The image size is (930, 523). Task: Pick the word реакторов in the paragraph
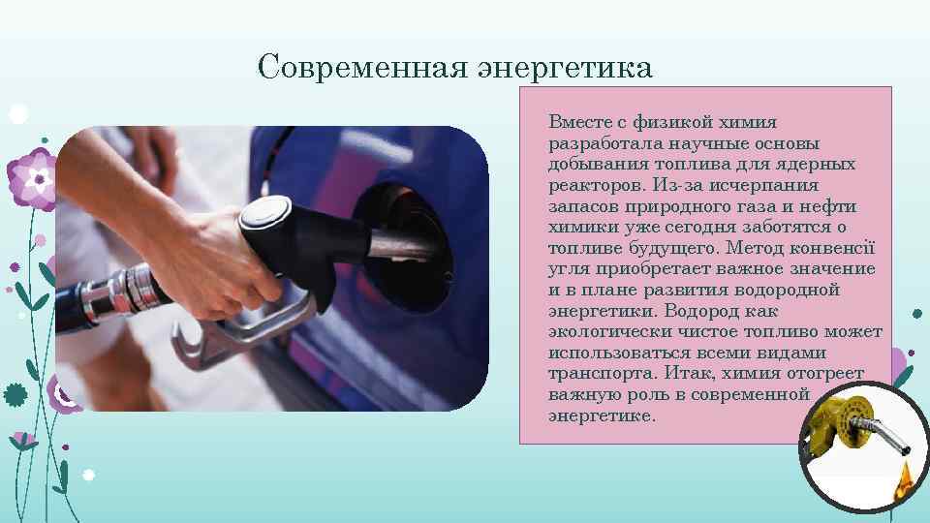point(590,185)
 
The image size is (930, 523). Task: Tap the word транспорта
point(596,374)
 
